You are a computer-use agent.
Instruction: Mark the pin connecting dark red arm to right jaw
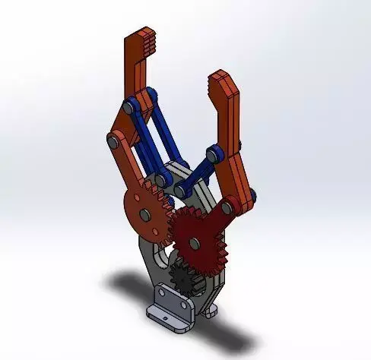tap(228, 206)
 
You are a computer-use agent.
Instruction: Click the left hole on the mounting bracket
tap(162, 293)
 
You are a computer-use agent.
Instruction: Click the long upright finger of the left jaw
tap(139, 76)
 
